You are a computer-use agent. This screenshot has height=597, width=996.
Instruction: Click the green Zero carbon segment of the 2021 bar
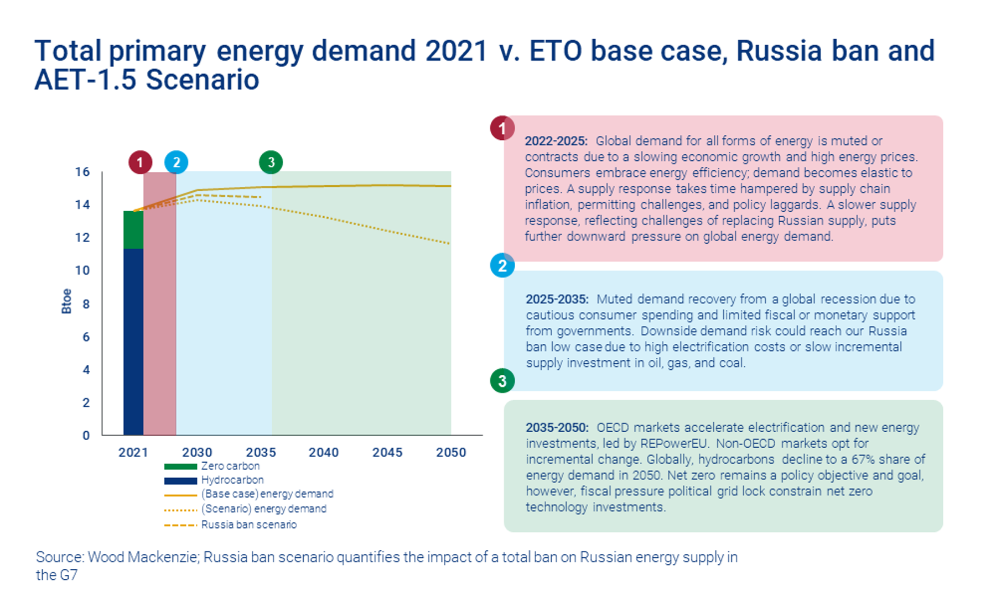[x=133, y=230]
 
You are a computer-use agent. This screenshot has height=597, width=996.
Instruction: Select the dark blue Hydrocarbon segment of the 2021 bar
[x=133, y=342]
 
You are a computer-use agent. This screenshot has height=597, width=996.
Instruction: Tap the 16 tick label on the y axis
[x=82, y=172]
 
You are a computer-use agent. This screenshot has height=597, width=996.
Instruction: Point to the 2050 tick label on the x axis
[x=451, y=452]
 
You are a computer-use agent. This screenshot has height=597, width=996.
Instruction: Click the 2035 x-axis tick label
[x=261, y=452]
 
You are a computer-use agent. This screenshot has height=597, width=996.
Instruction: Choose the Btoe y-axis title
[x=66, y=301]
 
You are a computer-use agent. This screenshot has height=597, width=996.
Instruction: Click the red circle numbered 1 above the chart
[x=140, y=163]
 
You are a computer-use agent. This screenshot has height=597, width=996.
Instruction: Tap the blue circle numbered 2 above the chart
[x=177, y=163]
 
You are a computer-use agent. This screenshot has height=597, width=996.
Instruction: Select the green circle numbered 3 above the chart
[x=271, y=163]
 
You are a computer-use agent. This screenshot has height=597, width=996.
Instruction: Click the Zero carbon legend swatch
[x=180, y=467]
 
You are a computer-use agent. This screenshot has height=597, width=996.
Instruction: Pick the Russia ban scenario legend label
[x=249, y=525]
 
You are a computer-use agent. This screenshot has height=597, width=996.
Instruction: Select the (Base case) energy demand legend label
[x=267, y=494]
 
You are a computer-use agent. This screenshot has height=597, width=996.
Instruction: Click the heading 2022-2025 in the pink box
[x=556, y=141]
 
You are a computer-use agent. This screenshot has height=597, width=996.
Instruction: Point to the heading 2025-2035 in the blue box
[x=557, y=299]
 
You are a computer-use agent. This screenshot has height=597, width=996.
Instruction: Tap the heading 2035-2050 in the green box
[x=557, y=427]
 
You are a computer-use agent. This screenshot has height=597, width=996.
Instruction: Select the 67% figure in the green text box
[x=873, y=459]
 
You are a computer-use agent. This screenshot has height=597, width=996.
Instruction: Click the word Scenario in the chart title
[x=203, y=80]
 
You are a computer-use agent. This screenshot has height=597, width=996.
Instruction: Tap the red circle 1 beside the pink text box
[x=502, y=128]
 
